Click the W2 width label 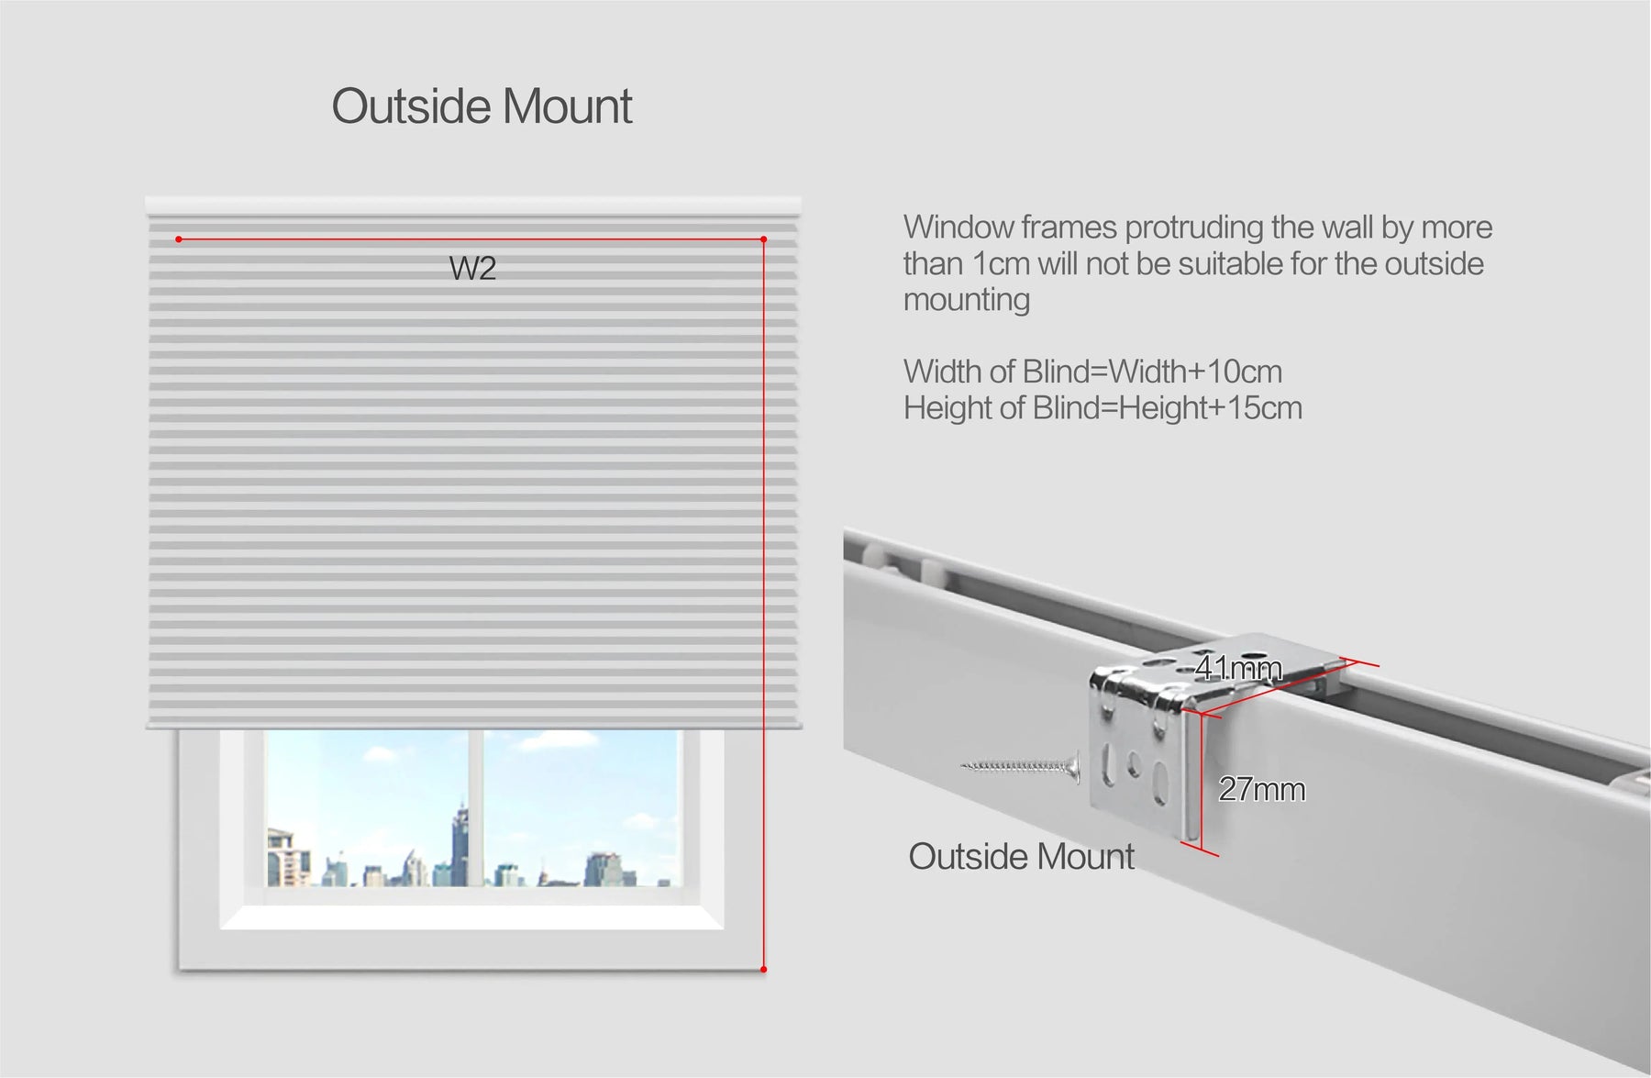[472, 268]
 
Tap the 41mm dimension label [1238, 668]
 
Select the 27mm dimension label [1261, 789]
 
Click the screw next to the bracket [1021, 765]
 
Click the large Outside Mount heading [482, 106]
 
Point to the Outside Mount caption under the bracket [1021, 856]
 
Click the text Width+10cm [1195, 372]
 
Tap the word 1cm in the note [1001, 264]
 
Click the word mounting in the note [967, 301]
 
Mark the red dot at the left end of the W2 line [179, 239]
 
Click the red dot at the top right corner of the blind [763, 239]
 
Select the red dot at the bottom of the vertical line [763, 969]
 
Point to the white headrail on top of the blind [473, 206]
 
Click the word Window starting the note [958, 228]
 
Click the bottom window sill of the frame [471, 917]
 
